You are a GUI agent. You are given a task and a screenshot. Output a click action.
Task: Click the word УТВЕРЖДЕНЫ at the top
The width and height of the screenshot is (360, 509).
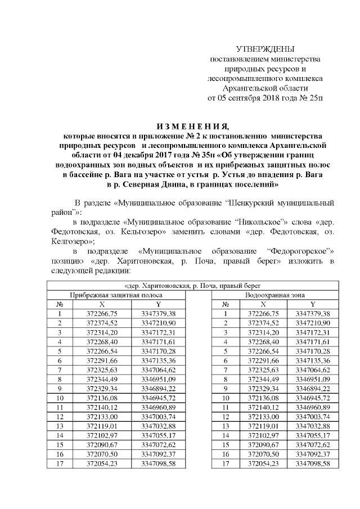[x=265, y=49]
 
